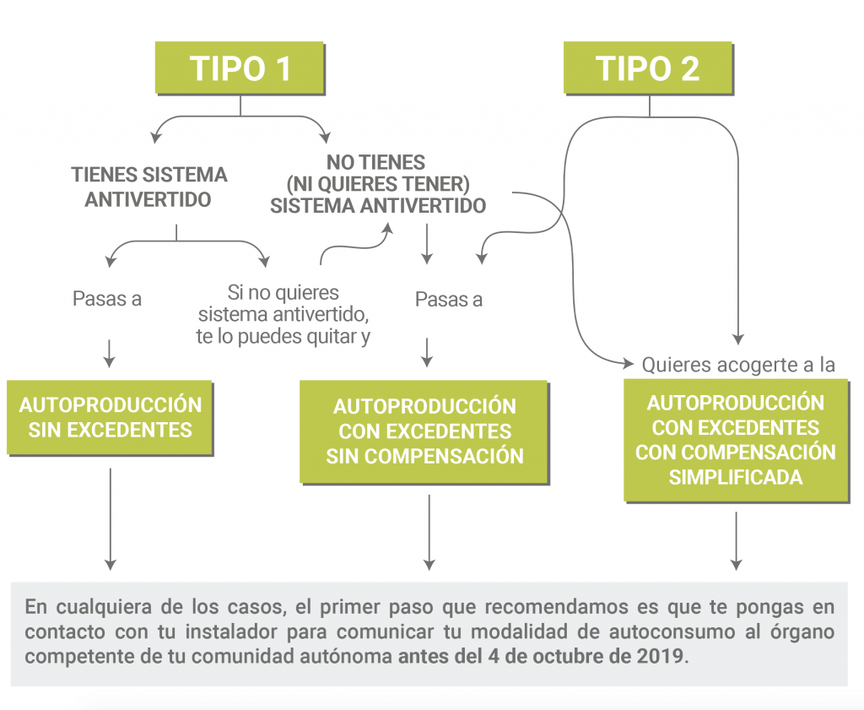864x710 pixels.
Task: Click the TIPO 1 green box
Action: pyautogui.click(x=240, y=68)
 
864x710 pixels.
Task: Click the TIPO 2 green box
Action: pyautogui.click(x=648, y=68)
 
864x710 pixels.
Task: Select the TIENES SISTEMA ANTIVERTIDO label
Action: pyautogui.click(x=148, y=187)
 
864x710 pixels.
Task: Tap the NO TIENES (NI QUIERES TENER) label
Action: pyautogui.click(x=377, y=172)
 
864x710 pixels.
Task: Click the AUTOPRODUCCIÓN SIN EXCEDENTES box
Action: pyautogui.click(x=110, y=417)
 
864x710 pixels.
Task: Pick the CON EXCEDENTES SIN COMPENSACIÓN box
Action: pyautogui.click(x=424, y=432)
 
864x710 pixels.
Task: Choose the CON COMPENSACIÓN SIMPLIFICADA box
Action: pyautogui.click(x=736, y=440)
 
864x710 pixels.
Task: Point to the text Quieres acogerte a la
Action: pyautogui.click(x=738, y=365)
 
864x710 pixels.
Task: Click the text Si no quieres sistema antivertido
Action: pyautogui.click(x=283, y=303)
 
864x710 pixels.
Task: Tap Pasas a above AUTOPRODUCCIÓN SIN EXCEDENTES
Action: pyautogui.click(x=107, y=299)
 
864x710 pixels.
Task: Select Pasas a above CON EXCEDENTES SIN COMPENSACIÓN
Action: pyautogui.click(x=449, y=300)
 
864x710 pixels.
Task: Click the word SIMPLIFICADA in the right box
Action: pyautogui.click(x=736, y=477)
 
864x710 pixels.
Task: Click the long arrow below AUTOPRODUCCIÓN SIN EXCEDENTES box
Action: pyautogui.click(x=111, y=519)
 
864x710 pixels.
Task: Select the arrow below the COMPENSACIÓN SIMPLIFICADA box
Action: pyautogui.click(x=736, y=541)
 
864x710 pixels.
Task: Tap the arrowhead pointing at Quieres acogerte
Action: pyautogui.click(x=628, y=363)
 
